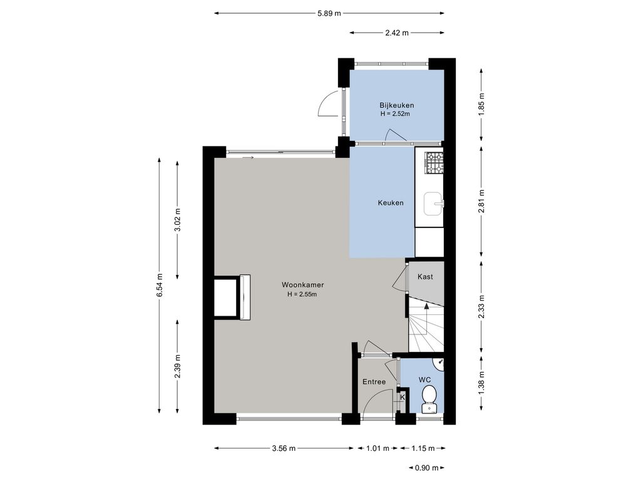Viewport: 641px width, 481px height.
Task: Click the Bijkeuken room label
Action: tap(396, 105)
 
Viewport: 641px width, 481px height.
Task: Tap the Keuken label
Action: tap(391, 202)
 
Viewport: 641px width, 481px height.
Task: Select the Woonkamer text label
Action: tap(302, 285)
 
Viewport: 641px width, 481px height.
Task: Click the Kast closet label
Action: tap(425, 276)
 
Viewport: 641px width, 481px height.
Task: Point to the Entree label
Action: tap(374, 381)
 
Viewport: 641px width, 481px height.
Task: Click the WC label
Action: tap(425, 380)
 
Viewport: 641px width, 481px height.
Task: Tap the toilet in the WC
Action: tap(429, 398)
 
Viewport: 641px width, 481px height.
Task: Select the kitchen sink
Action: tap(433, 204)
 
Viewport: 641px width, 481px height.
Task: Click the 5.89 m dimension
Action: tap(329, 13)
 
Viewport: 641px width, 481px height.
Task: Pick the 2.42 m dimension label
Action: tap(396, 33)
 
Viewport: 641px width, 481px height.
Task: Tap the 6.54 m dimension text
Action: tap(160, 285)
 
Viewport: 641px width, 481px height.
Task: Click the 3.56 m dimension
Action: tap(284, 448)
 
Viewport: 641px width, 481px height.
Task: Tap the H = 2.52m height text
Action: tap(395, 114)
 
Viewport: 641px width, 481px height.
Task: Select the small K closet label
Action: tap(403, 396)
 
